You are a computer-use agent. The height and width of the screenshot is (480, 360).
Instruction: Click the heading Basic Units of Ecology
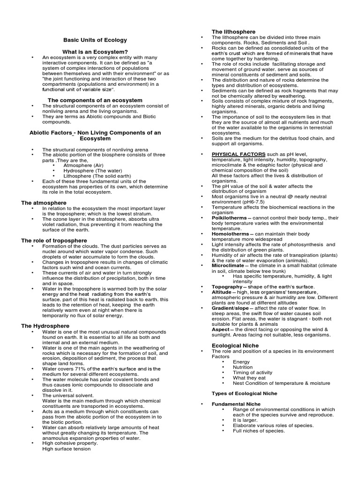(95, 40)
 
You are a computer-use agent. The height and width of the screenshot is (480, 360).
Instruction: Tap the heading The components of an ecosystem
(95, 100)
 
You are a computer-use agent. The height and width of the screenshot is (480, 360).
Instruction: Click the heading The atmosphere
(44, 203)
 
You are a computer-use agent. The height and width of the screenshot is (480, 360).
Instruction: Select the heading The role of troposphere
(54, 240)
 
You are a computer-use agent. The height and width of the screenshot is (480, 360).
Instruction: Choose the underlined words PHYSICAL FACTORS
(238, 154)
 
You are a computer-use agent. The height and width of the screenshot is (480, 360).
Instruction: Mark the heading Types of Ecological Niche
(244, 393)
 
